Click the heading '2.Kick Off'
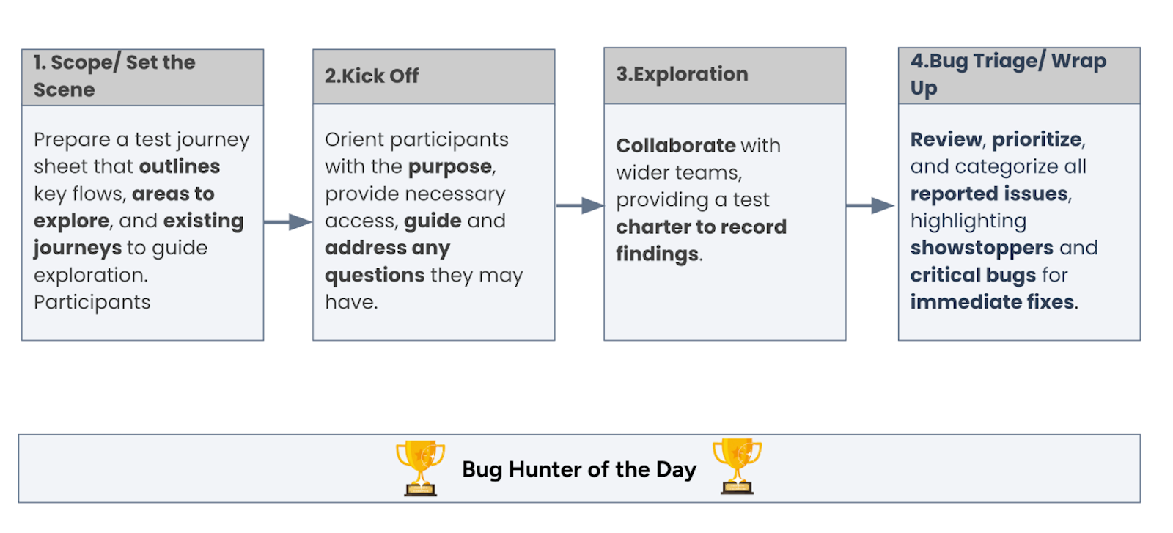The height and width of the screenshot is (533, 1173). point(372,76)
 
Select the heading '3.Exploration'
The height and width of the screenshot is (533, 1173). point(682,74)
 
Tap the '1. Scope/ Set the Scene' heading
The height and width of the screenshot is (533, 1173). point(114,76)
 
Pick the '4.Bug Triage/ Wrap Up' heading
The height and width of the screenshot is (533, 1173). point(1008,74)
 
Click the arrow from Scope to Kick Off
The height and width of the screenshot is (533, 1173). point(288,221)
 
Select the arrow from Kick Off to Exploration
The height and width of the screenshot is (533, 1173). point(579,206)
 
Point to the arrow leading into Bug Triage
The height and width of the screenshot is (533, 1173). point(870,206)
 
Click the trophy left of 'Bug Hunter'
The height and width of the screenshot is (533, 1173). point(420,467)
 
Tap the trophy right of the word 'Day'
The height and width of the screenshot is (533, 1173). point(737,466)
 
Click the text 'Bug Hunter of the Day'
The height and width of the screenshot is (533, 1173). point(579,469)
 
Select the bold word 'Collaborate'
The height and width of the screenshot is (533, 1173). point(675,145)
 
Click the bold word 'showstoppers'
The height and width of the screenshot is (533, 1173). point(982,248)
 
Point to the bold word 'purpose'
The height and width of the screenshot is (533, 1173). point(450,166)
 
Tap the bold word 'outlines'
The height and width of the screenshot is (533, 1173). point(180,166)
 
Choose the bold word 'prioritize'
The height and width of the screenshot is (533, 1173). point(1037,139)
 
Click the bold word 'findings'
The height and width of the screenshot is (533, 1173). point(657,254)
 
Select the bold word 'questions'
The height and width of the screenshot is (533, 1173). point(375,275)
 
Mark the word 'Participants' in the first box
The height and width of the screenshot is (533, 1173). point(92,302)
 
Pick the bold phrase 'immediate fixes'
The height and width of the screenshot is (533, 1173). point(992,302)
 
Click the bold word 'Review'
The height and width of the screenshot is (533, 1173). point(946,139)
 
